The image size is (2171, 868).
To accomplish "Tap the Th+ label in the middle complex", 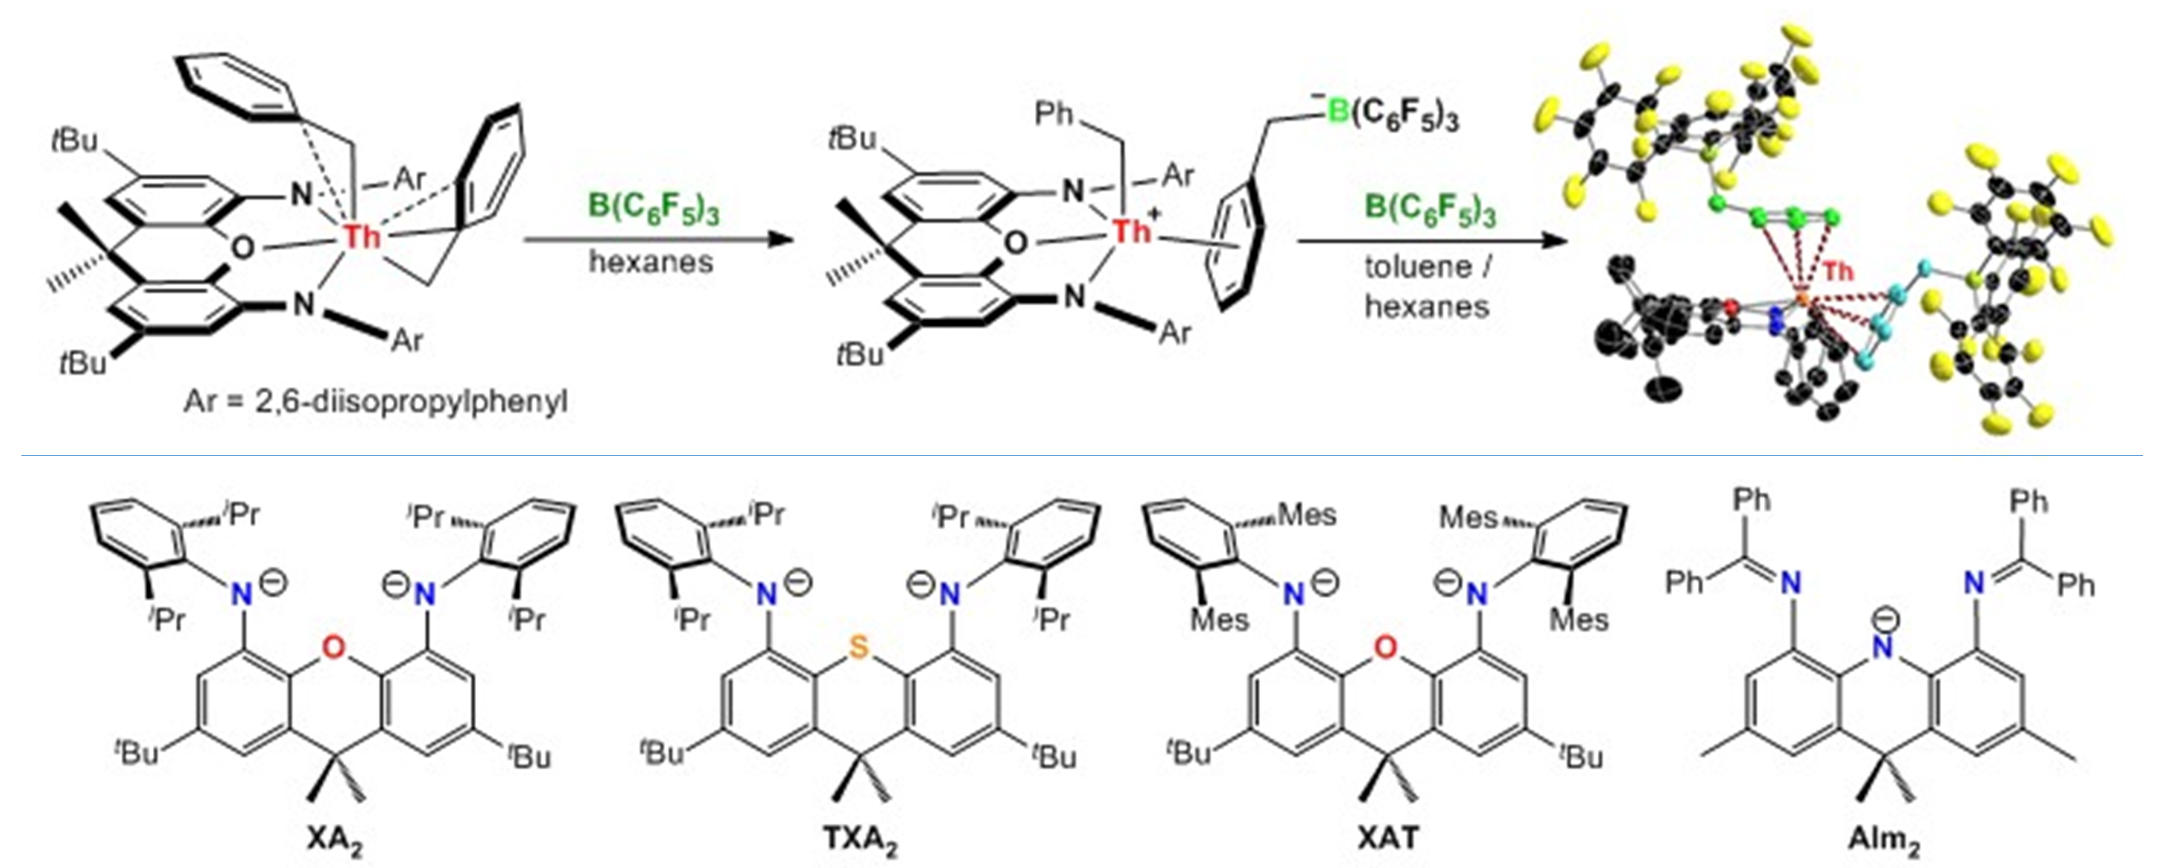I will [1132, 230].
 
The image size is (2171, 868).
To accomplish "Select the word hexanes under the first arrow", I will [651, 262].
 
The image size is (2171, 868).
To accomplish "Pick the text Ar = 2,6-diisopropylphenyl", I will [376, 401].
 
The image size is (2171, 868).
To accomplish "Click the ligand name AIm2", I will [1884, 840].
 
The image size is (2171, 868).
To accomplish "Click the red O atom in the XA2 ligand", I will [334, 647].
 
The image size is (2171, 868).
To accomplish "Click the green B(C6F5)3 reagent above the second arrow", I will [1430, 207].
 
